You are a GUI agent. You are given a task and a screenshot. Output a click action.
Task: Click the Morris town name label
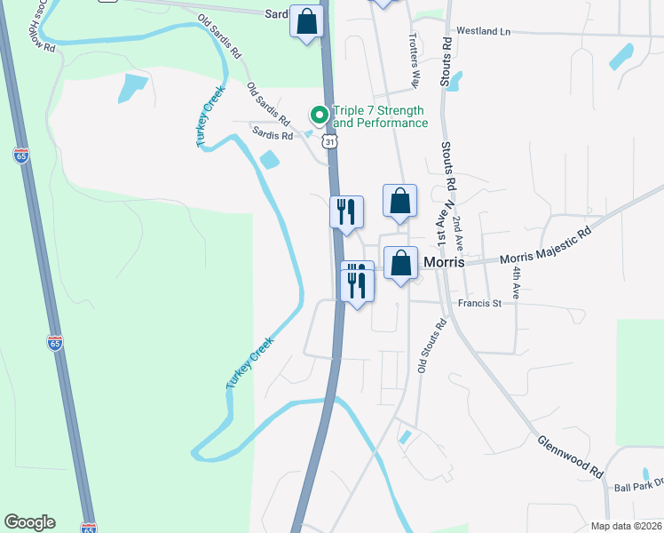click(x=446, y=263)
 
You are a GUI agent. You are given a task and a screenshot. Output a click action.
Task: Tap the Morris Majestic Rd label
click(x=545, y=246)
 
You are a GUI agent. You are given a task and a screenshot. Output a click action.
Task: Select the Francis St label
click(x=479, y=303)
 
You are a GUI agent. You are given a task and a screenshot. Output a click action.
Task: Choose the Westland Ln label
click(x=484, y=31)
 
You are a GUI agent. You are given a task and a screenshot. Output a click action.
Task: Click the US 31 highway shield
click(x=330, y=141)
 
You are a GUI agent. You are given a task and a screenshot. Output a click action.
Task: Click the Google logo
click(x=29, y=522)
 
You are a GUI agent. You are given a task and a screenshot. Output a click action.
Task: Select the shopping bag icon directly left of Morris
click(x=401, y=263)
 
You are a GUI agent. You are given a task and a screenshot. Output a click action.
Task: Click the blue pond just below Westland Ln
click(x=455, y=82)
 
